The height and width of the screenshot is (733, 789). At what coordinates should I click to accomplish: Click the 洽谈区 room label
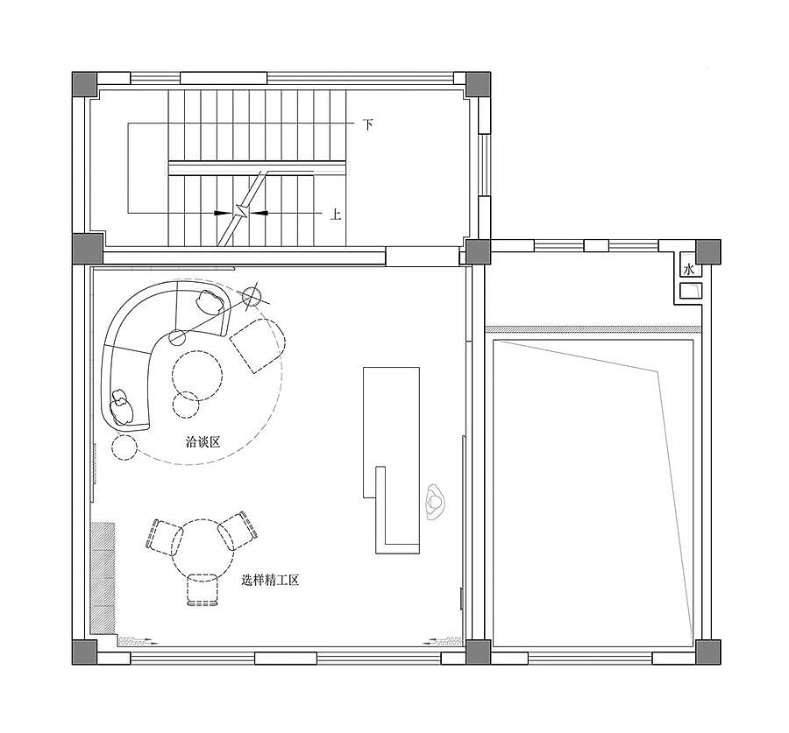(x=203, y=442)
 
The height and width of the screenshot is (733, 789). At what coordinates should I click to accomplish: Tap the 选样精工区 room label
(x=270, y=580)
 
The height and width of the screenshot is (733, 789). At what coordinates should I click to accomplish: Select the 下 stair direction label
(x=368, y=124)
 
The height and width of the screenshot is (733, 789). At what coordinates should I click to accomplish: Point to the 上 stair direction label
(x=336, y=215)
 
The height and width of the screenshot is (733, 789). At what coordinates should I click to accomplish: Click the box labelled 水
(x=689, y=269)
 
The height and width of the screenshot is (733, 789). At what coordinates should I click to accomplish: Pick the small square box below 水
(x=691, y=290)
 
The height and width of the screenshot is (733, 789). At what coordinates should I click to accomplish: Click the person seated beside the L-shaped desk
(x=434, y=501)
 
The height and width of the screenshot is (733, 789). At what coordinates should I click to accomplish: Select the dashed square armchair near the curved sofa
(x=258, y=346)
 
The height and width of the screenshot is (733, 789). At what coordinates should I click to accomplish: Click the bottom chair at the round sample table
(x=203, y=589)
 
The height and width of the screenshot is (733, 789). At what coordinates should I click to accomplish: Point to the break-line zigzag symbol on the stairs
(x=242, y=212)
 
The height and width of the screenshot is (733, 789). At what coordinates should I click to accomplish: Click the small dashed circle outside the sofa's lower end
(x=124, y=448)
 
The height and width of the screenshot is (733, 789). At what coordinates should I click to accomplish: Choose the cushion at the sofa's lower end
(x=121, y=405)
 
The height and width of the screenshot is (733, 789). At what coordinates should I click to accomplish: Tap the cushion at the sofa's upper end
(x=210, y=301)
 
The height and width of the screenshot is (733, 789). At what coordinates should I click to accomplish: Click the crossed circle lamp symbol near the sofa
(x=252, y=297)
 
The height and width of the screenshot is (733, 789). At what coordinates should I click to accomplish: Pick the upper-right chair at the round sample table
(x=238, y=532)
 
